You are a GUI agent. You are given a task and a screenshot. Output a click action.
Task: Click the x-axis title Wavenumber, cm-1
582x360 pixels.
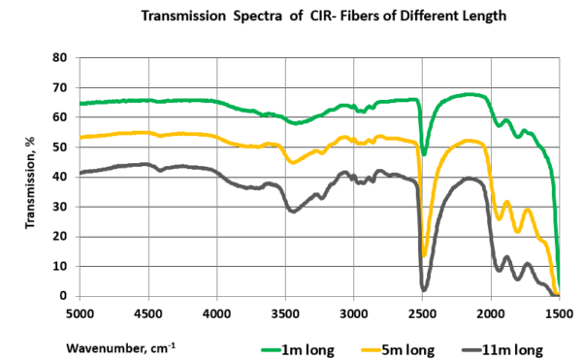coord(122,345)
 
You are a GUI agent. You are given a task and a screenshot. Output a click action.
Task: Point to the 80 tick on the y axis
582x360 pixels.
coord(58,58)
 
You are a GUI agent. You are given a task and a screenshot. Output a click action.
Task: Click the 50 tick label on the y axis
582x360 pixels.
coord(58,147)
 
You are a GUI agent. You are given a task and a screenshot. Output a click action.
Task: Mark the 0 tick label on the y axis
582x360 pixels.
coord(62,296)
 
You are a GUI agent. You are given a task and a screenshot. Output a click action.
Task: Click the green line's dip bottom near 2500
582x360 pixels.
coord(424,153)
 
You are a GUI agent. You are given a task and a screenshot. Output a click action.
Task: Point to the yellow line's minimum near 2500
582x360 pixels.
coord(424,255)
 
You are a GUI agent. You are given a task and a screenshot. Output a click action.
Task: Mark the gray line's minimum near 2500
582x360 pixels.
coord(424,288)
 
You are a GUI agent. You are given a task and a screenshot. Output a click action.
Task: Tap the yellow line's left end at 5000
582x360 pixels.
coord(81,138)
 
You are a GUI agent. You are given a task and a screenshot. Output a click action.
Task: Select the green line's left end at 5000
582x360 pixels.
coord(81,103)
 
